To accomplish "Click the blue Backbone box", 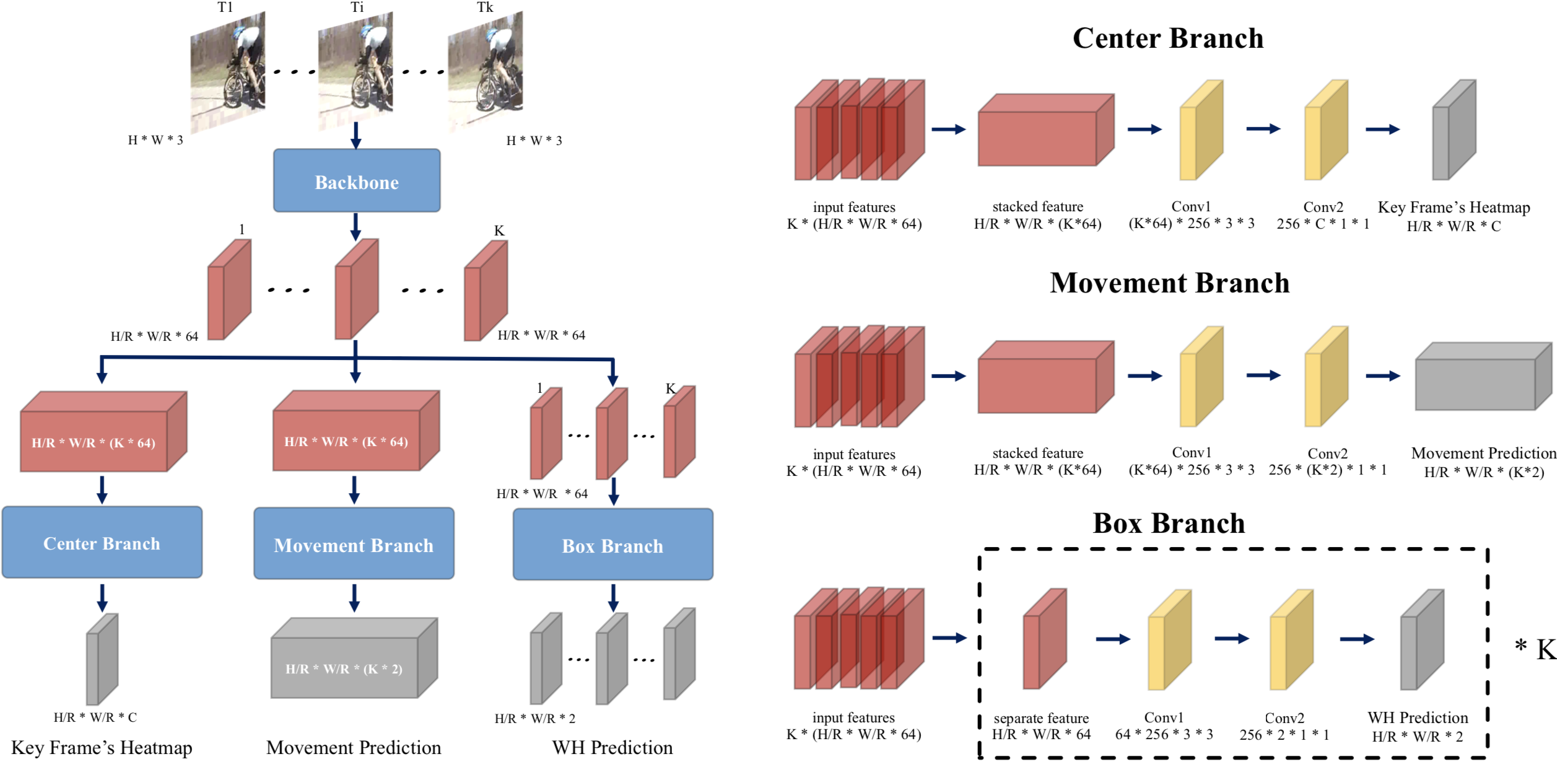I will [x=357, y=181].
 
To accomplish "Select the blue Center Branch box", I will [x=102, y=543].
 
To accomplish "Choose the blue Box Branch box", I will [x=613, y=545].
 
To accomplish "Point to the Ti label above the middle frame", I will [x=357, y=7].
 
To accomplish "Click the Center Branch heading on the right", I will [x=1167, y=38].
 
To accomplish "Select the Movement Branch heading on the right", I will [x=1169, y=283].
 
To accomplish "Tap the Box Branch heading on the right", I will [x=1169, y=523].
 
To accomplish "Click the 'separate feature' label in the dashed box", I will [x=1041, y=718].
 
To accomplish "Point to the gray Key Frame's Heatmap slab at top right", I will [x=1454, y=130].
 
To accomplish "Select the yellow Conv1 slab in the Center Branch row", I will [x=1201, y=130].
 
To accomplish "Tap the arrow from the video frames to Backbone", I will [x=355, y=135].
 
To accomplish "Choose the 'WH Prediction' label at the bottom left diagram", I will [x=612, y=748].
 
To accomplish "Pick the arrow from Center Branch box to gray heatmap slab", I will [x=102, y=597].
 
